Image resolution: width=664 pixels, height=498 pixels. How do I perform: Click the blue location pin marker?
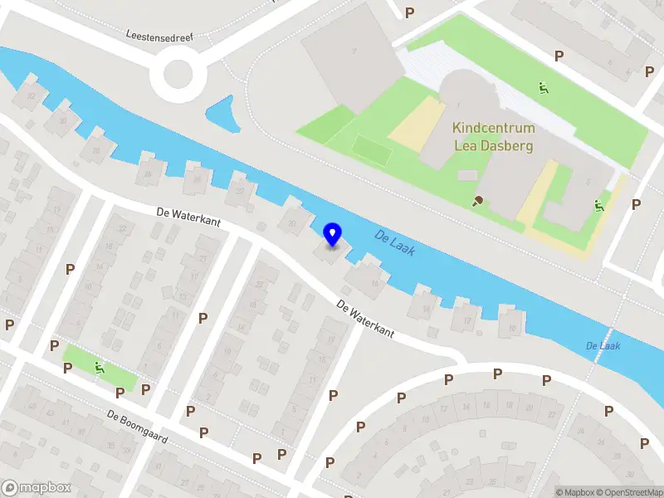tap(332, 235)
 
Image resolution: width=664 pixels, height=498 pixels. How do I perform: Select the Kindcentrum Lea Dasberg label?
tap(493, 137)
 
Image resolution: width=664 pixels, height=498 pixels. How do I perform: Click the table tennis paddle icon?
tap(478, 200)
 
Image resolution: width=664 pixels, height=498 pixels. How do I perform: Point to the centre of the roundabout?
tap(178, 74)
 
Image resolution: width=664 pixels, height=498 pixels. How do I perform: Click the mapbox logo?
tap(37, 488)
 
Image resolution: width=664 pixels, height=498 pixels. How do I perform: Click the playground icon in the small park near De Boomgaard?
tap(100, 367)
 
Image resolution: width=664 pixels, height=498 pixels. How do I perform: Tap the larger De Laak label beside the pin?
tap(394, 242)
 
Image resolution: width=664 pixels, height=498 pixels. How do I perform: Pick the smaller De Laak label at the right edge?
tap(603, 345)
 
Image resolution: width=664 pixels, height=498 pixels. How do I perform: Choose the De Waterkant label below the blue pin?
tap(365, 318)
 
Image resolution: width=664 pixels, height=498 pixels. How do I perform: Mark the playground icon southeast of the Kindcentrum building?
tap(598, 205)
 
